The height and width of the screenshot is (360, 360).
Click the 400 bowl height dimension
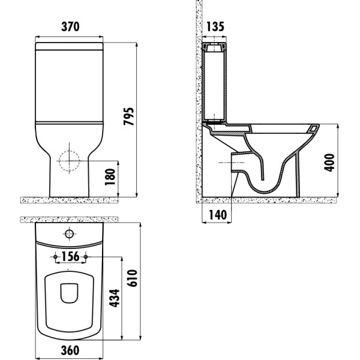point(329,161)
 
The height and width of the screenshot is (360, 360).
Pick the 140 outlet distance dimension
point(215,214)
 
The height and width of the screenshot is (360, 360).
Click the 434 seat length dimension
point(113,298)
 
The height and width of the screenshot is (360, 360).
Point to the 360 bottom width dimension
point(70,350)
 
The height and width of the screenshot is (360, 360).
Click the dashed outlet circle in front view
point(70,160)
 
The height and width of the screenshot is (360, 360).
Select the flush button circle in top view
point(70,233)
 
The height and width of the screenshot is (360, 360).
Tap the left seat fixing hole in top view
point(56,257)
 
